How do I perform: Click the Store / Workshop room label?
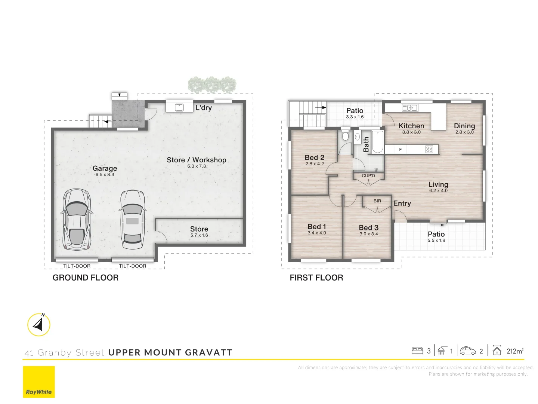point(197,160)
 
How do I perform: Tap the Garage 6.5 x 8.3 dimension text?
point(105,175)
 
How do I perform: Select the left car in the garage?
point(77,220)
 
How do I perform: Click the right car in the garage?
point(132,220)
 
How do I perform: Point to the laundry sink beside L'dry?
point(179,107)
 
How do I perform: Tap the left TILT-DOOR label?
point(77,266)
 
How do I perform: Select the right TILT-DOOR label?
point(133,266)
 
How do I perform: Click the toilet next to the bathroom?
point(345,135)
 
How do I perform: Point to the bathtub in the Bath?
point(377,142)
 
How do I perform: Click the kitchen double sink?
point(410,108)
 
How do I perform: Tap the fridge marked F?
point(400,150)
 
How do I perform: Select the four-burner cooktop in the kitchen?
point(429,150)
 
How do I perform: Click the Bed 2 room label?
point(315,158)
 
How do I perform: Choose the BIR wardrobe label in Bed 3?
point(377,201)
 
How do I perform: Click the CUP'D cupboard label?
point(368,176)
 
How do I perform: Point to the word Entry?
point(402,203)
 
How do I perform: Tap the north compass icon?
point(39,325)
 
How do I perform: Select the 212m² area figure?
point(515,351)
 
